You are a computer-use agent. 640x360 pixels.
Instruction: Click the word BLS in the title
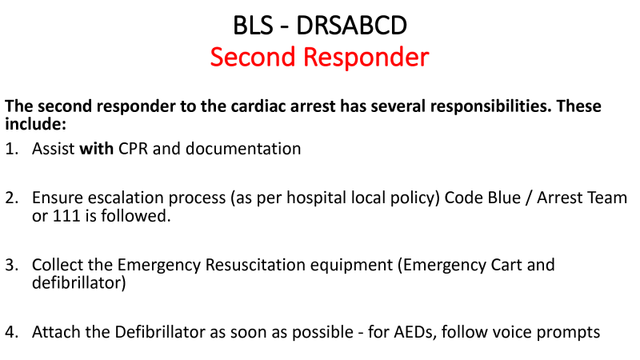tap(253, 26)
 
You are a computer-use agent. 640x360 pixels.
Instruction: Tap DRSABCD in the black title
tap(351, 26)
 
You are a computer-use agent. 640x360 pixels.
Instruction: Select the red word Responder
tap(366, 57)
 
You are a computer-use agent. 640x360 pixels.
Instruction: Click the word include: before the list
tap(35, 124)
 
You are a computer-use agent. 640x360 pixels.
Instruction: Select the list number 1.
tap(12, 149)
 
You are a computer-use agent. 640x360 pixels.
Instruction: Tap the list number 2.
tap(12, 198)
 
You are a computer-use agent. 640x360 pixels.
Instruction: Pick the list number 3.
tap(12, 265)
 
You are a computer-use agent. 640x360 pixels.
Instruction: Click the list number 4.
tap(12, 332)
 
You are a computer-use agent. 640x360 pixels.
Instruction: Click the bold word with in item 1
tap(96, 149)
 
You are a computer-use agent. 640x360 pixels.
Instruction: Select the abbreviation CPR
tap(133, 149)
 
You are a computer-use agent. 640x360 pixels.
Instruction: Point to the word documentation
tap(243, 149)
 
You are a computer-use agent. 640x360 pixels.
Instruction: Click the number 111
tap(66, 216)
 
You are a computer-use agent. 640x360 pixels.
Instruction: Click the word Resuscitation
tap(255, 265)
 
